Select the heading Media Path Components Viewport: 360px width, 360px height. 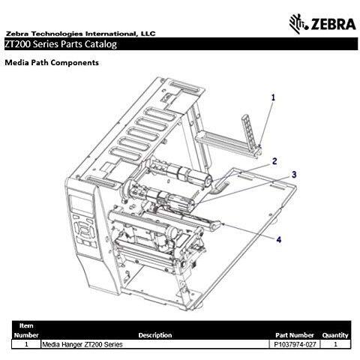tap(52, 63)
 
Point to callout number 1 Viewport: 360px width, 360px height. tap(273, 97)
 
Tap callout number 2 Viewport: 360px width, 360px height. tap(274, 160)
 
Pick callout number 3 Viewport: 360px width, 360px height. tap(294, 174)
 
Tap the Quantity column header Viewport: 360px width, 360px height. tap(335, 334)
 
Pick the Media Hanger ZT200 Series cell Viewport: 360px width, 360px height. tap(82, 344)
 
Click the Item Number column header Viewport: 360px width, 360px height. tap(26, 331)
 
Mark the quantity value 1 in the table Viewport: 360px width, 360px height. tap(335, 344)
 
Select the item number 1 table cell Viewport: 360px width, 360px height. tap(26, 344)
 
